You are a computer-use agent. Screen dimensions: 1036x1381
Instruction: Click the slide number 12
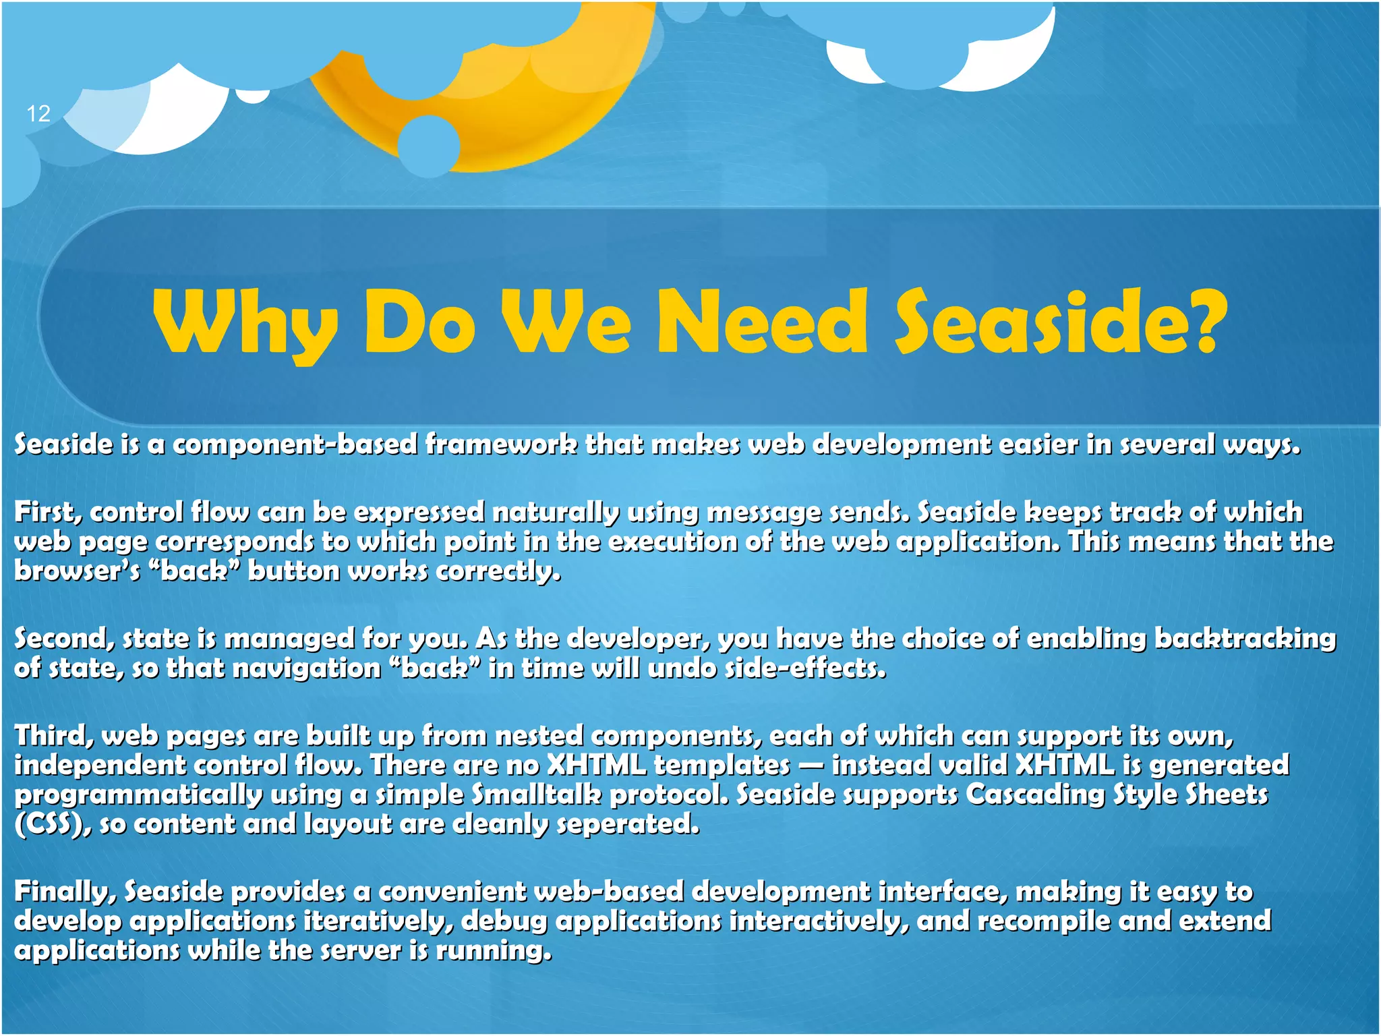pos(38,113)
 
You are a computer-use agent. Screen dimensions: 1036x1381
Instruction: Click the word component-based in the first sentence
pos(295,444)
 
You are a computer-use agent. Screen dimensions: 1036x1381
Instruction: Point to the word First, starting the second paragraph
pos(48,513)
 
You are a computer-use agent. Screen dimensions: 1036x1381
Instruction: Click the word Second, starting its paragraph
pos(64,639)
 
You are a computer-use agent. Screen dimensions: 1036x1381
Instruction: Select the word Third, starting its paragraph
pos(54,736)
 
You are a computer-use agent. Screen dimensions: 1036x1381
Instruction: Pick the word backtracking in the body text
pos(1245,639)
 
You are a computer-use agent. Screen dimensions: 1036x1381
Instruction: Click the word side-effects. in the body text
pos(805,668)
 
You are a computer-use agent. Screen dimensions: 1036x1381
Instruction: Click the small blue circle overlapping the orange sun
pos(429,146)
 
